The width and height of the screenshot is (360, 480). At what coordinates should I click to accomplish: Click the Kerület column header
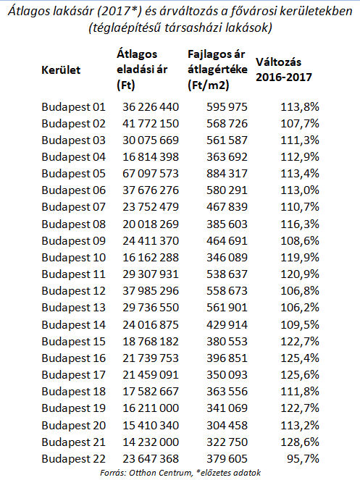tap(61, 70)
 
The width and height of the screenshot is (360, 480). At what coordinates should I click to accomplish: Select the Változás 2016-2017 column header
tap(284, 70)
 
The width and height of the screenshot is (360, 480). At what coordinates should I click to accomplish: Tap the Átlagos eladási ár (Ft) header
tap(142, 70)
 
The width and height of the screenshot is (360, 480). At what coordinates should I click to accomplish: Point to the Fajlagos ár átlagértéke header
tap(217, 70)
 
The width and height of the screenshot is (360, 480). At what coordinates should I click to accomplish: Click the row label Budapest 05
tap(74, 174)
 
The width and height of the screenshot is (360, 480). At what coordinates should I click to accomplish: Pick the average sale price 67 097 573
tap(151, 174)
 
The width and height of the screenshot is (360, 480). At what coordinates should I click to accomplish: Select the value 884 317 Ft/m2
tap(227, 174)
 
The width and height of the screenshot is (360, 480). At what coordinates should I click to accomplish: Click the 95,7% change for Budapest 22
tap(303, 458)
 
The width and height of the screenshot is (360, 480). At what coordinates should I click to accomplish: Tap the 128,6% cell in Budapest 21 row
tap(300, 442)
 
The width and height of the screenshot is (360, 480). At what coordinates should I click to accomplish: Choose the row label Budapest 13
tap(74, 308)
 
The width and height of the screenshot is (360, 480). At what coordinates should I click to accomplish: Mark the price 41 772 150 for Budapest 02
tap(151, 124)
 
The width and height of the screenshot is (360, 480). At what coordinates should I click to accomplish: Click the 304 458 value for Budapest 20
tap(227, 425)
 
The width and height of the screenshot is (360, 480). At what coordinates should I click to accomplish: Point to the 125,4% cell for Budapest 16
tap(300, 358)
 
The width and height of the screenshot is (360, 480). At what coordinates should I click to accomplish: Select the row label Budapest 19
tap(74, 408)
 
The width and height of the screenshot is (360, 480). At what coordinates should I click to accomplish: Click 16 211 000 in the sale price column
tap(151, 408)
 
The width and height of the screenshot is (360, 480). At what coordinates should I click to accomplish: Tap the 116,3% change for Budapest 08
tap(300, 224)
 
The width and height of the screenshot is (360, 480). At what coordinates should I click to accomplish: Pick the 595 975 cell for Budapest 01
tap(227, 107)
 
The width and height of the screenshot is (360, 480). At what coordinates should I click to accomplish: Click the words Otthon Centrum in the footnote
tap(160, 472)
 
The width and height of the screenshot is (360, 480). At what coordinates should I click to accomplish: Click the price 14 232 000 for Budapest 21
tap(151, 442)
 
